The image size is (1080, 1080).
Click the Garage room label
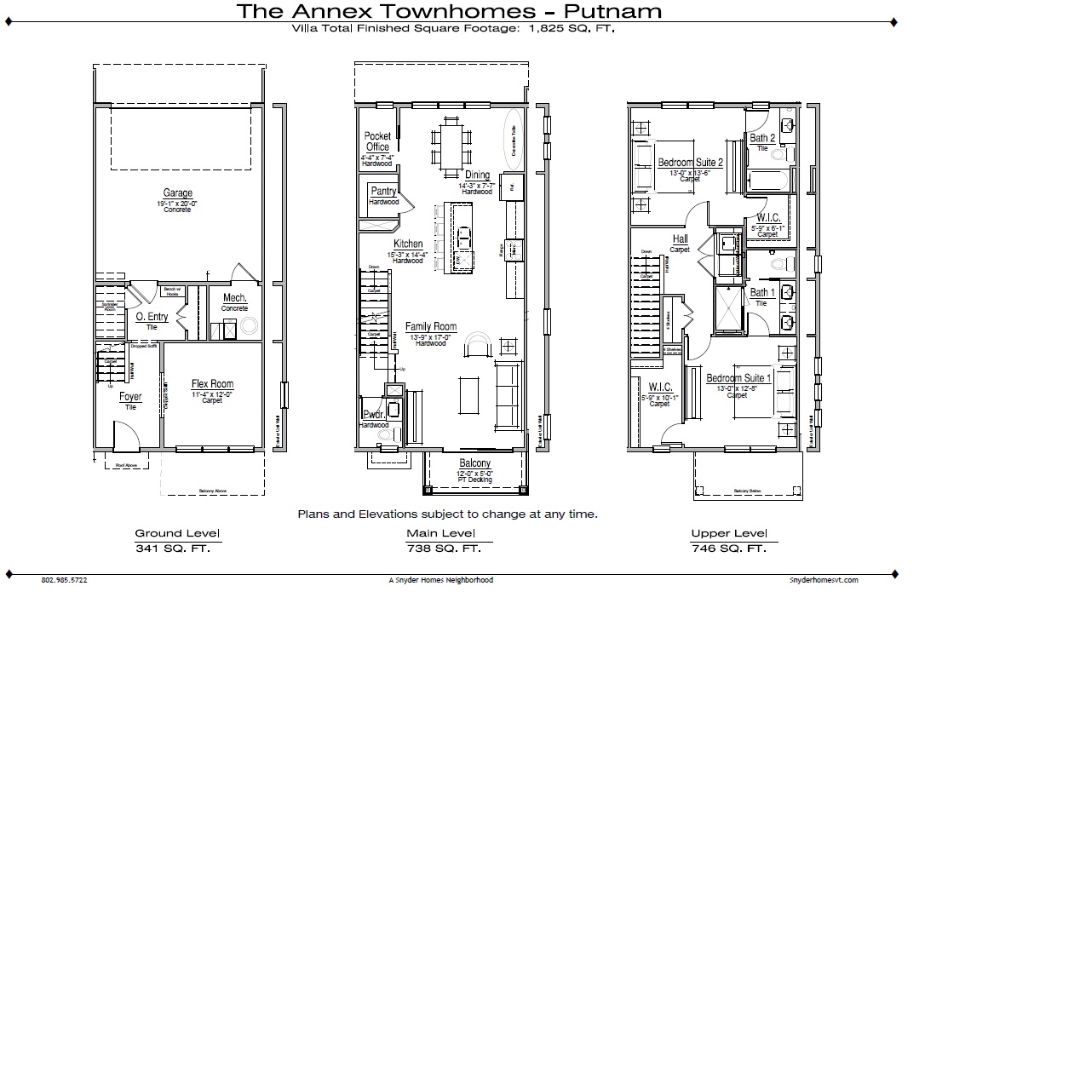point(178,193)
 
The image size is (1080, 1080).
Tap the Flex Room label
point(212,384)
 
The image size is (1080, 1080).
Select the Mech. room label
point(235,298)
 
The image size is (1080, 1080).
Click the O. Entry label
point(152,317)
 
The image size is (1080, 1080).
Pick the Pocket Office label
point(377,141)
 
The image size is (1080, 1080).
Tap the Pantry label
point(383,192)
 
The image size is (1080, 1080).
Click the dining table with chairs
point(451,147)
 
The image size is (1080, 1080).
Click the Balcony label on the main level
point(475,463)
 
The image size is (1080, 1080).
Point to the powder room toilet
point(386,435)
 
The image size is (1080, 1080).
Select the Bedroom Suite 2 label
point(690,163)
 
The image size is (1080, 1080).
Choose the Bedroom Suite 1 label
point(738,378)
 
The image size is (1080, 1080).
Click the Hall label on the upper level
point(680,239)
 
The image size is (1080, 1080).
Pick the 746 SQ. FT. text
point(728,549)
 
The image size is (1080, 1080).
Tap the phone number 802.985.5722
point(64,580)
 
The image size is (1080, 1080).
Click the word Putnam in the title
point(612,11)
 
